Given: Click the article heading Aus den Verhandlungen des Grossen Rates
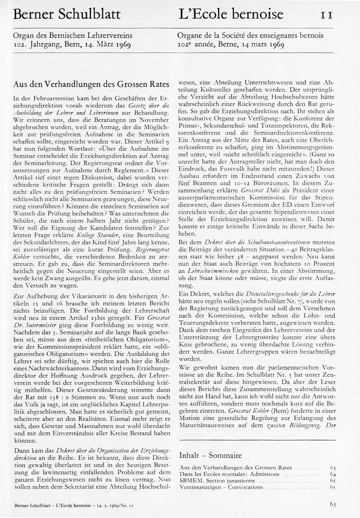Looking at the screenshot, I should click(x=91, y=84).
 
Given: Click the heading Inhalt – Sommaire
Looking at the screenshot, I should click(x=211, y=458).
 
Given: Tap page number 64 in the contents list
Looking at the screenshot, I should click(x=333, y=474).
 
